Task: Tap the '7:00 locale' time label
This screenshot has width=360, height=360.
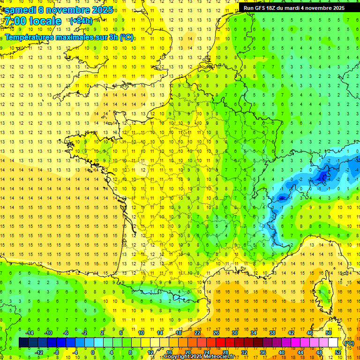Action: pos(32,21)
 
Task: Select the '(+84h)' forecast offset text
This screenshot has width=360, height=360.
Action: pos(81,21)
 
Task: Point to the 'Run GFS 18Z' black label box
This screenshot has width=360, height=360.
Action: pos(294,8)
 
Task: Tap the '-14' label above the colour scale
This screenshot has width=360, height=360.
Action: pos(29,333)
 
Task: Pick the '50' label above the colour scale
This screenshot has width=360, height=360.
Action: pos(328,333)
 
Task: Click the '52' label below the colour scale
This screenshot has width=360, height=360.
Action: pos(337,352)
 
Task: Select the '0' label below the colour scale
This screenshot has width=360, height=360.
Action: pos(93,352)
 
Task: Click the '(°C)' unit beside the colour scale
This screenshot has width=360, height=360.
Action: pos(349,343)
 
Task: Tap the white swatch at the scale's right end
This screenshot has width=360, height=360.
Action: pos(333,343)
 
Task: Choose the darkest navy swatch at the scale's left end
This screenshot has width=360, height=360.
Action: pos(23,343)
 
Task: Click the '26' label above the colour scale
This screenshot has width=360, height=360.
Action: pos(216,333)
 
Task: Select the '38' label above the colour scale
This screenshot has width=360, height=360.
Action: pos(272,333)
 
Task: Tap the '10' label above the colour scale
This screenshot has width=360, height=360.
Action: pos(141,333)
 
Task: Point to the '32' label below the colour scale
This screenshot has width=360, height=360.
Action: pos(244,352)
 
